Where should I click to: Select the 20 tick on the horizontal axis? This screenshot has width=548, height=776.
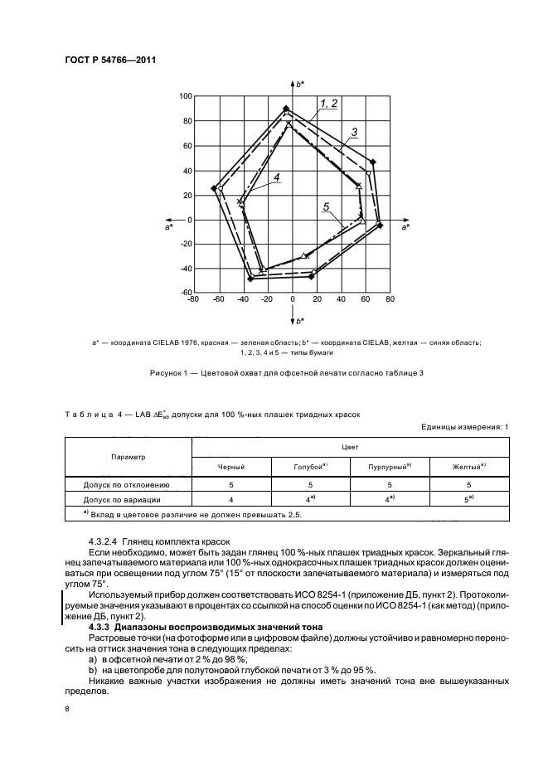point(317,299)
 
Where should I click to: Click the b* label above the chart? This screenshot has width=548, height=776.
point(300,84)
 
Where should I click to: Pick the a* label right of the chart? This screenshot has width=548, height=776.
point(405,226)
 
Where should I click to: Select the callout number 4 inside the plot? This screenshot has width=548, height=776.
point(277,176)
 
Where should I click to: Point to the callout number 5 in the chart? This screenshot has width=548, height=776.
point(327,206)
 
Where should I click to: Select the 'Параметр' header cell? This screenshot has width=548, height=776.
point(128,456)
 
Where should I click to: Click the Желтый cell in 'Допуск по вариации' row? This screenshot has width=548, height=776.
point(468,500)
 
